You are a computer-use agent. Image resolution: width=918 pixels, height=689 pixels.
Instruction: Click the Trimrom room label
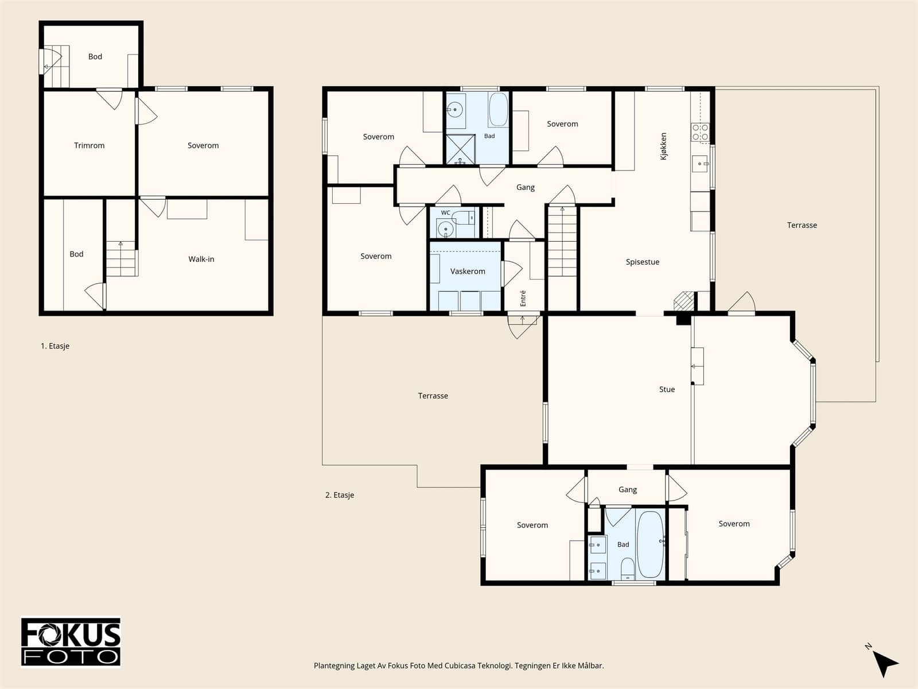pos(89,146)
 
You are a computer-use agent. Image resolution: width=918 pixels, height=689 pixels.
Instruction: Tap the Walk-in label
pos(201,259)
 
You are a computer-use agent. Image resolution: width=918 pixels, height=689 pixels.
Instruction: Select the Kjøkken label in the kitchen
pos(663,146)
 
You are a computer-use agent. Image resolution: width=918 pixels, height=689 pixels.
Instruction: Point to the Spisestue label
pos(643,262)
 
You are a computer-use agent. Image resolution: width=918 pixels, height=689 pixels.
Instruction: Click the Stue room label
pos(667,389)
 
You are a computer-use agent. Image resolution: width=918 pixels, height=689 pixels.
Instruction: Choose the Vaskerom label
pos(468,272)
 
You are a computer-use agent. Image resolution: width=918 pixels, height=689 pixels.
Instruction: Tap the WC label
pos(445,213)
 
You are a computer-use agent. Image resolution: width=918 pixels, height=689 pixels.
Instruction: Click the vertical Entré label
pos(523,298)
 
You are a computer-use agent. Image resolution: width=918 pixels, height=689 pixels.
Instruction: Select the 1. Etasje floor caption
pos(55,346)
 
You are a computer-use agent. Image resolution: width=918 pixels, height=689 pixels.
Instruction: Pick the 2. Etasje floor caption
pos(340,495)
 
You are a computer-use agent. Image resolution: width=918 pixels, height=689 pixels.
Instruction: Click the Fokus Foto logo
pos(71,642)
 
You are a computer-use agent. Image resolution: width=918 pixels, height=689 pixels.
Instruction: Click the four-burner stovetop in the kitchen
pos(700,132)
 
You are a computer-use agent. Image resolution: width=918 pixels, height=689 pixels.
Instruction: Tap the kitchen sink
pos(700,164)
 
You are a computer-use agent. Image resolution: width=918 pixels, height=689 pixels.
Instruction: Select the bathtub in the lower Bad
pos(650,544)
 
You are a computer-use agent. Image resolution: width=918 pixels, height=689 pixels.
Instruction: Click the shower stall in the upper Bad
pos(461,149)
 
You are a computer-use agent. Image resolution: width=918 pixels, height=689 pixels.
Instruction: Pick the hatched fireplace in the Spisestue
pos(684,301)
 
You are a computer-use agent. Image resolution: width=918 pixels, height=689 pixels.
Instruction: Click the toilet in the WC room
pos(464,218)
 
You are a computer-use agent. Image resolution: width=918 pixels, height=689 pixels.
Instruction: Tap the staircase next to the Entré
pos(562,241)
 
